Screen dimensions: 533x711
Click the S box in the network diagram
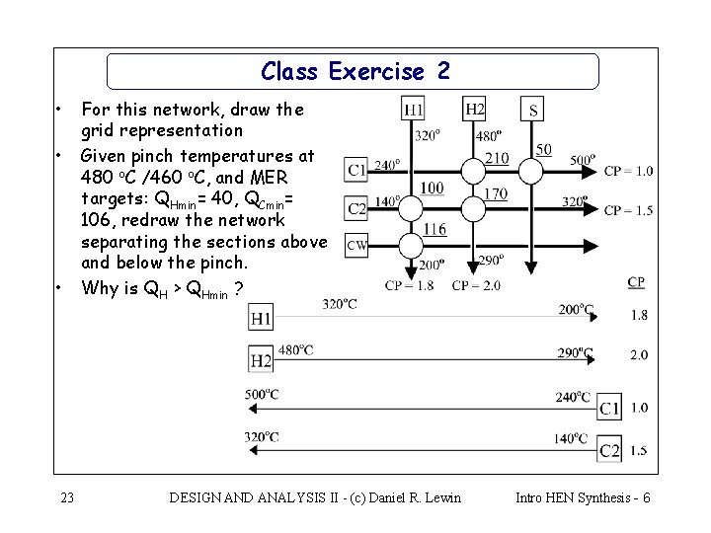click(x=533, y=110)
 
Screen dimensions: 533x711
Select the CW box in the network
click(x=356, y=244)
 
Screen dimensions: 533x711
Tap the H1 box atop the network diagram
click(x=415, y=109)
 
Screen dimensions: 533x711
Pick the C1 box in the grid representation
click(x=609, y=408)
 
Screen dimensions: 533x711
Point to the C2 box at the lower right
click(x=609, y=450)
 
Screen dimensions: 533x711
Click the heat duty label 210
click(x=497, y=158)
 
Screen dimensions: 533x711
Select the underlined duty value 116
click(x=434, y=229)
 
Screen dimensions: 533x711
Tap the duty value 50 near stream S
click(x=543, y=149)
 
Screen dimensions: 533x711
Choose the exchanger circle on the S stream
click(x=531, y=171)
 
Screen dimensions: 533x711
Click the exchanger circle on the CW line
click(x=410, y=244)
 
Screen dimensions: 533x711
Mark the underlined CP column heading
click(x=636, y=282)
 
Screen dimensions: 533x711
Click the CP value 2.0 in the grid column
click(x=638, y=354)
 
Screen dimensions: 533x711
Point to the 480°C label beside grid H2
click(x=296, y=349)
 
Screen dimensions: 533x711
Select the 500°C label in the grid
click(x=262, y=395)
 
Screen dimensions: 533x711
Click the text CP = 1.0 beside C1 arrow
click(x=629, y=171)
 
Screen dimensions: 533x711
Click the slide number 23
click(x=66, y=497)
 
